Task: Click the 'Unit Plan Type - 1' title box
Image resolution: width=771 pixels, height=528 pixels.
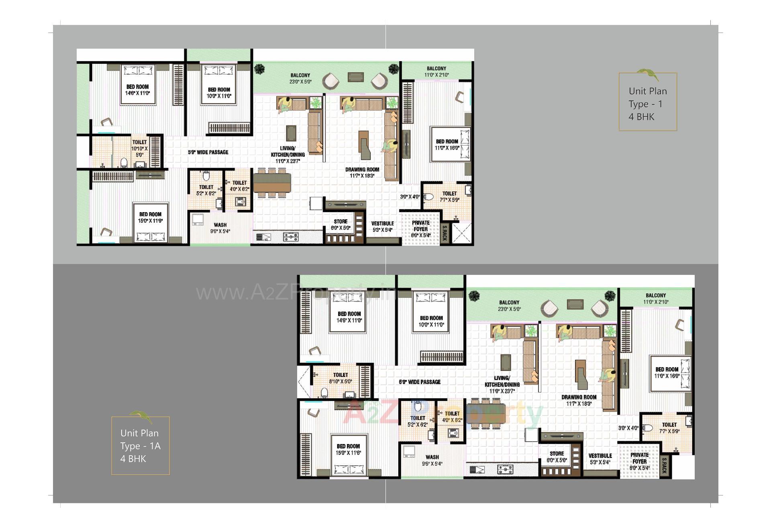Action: point(647,102)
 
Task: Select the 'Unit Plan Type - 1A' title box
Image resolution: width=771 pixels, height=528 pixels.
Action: point(140,445)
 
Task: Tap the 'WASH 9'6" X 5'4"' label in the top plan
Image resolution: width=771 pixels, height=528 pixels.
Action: point(220,228)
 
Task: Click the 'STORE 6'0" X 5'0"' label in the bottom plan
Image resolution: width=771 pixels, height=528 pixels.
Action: point(557,457)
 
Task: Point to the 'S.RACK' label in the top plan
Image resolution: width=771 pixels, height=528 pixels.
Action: point(445,233)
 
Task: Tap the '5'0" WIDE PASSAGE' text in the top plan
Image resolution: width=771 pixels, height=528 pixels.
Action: point(208,152)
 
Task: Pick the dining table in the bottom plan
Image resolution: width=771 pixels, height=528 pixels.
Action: point(486,413)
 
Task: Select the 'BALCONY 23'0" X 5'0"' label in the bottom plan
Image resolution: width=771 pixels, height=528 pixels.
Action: point(509,306)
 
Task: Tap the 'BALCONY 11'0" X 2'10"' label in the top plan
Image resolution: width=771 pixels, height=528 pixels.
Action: point(436,72)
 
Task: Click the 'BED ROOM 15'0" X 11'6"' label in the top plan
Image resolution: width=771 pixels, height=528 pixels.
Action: point(150,217)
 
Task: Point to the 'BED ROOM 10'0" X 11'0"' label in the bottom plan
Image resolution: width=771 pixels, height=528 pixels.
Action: point(431,321)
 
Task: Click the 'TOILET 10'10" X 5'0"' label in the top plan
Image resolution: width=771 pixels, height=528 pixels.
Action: point(139,148)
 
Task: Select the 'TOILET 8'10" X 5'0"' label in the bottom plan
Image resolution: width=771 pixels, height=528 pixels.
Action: point(340,378)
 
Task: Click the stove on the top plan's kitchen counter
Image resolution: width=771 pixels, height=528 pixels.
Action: point(291,237)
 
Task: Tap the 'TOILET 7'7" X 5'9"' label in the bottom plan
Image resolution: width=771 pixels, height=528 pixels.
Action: point(669,428)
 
